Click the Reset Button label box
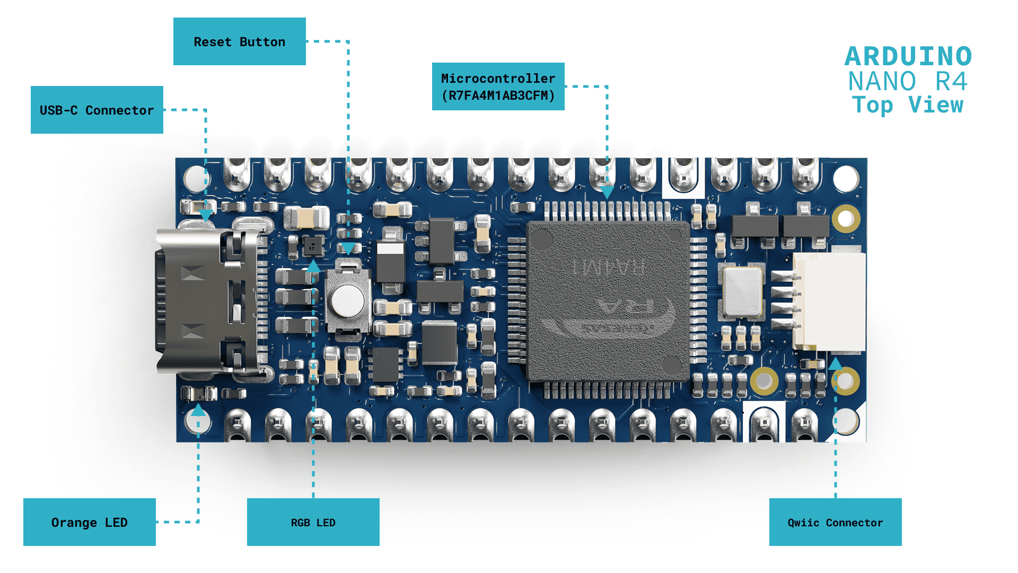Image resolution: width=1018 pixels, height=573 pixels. (239, 41)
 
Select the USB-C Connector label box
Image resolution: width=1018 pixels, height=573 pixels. (96, 110)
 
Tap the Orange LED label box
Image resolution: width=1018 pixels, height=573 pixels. (89, 522)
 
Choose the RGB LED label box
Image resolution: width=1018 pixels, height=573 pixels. (313, 522)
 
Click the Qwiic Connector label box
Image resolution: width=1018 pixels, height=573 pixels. (835, 522)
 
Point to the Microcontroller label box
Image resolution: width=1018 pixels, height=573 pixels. (498, 86)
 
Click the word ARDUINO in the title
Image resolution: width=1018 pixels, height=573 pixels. (908, 56)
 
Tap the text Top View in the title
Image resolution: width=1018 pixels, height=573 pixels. (908, 105)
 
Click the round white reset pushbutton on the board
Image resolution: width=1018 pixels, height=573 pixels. (348, 300)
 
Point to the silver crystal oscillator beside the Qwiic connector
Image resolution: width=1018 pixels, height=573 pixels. (742, 292)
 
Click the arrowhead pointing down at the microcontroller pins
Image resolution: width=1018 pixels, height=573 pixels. (607, 192)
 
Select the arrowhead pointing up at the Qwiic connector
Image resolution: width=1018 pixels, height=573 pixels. (835, 364)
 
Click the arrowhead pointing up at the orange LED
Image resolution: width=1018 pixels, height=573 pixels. (198, 410)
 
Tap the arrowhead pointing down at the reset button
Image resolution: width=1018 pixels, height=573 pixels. (348, 249)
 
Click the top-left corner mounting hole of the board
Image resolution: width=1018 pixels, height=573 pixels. (196, 178)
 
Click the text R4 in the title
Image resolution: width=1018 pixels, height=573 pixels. (951, 81)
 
